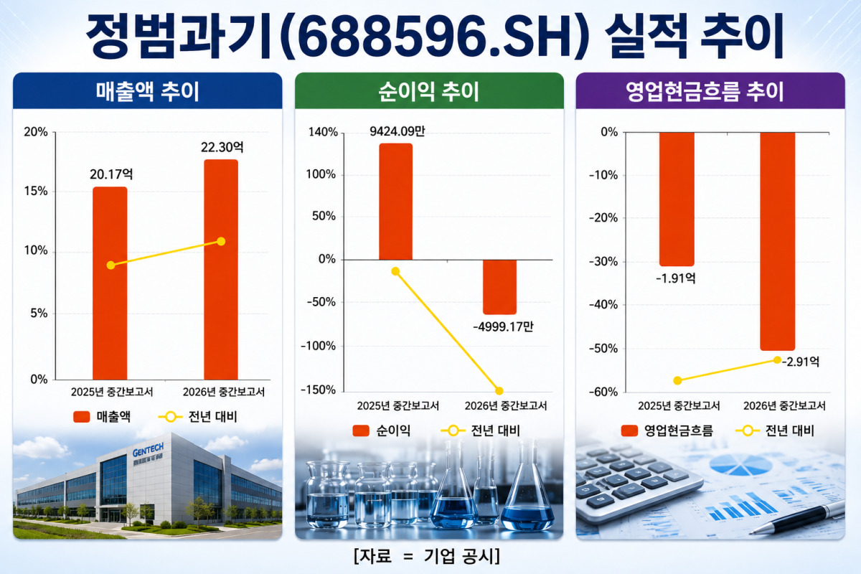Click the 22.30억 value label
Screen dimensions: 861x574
click(222, 147)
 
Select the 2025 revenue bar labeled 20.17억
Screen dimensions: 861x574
click(110, 283)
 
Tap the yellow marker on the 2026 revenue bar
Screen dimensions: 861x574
click(221, 242)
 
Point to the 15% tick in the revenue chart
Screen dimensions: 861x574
click(36, 191)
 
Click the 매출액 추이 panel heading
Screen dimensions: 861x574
click(148, 92)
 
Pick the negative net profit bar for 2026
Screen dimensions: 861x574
click(499, 287)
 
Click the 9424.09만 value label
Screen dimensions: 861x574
click(397, 131)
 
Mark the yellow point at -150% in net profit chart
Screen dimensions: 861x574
click(499, 391)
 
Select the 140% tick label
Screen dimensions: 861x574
click(324, 132)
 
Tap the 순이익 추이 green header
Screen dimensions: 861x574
click(429, 92)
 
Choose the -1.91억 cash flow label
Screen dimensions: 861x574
click(675, 278)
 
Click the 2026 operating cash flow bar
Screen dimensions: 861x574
click(777, 242)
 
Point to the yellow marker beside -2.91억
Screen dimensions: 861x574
click(777, 360)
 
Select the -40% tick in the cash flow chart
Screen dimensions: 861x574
click(603, 305)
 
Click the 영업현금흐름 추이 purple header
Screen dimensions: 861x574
click(710, 92)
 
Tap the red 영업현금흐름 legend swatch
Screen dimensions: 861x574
click(629, 430)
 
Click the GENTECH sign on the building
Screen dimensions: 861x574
click(148, 450)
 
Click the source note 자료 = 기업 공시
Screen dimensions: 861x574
click(427, 556)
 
